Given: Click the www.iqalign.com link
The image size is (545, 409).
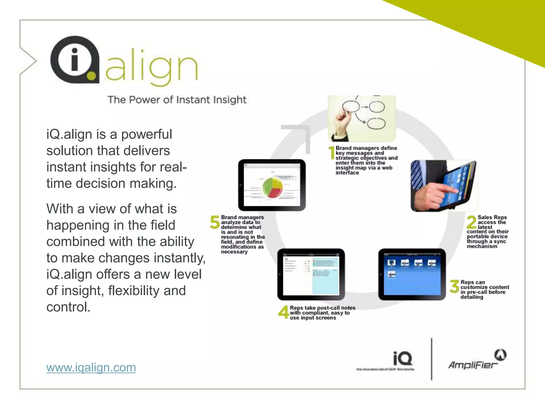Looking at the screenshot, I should (91, 368).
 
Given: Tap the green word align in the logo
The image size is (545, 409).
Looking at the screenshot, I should (152, 67).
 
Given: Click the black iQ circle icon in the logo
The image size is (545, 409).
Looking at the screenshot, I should (75, 60).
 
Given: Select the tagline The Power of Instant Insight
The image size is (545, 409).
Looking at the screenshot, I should (177, 100).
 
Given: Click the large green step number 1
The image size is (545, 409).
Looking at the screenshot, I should (332, 153).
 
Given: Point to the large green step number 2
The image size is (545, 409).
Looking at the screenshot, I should (472, 222).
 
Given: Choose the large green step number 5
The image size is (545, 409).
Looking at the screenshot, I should (215, 222).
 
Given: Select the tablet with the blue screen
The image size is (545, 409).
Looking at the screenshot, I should (412, 274).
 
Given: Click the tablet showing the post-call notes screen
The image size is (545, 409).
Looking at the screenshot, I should (311, 274).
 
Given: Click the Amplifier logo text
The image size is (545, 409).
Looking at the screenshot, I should (473, 365).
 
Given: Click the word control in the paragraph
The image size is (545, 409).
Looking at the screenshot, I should (68, 307).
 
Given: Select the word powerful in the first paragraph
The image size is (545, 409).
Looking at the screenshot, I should (147, 134).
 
